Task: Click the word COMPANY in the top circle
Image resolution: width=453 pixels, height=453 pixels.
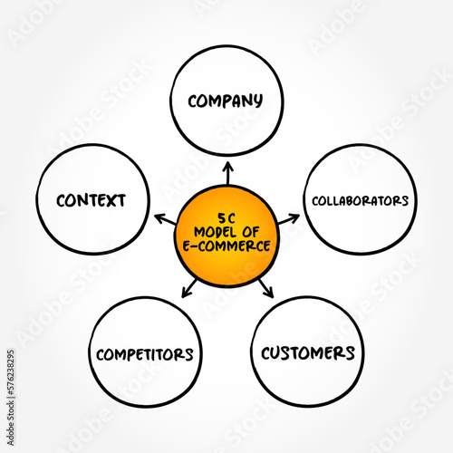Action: point(225,100)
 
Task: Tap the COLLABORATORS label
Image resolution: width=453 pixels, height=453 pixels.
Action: point(361,199)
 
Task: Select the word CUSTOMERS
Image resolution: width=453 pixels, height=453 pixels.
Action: point(308,352)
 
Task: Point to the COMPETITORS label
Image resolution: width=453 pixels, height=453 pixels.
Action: point(145,352)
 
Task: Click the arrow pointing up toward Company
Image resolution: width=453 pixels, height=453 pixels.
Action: point(226,172)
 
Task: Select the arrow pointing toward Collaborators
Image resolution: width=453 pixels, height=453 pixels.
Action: point(290,217)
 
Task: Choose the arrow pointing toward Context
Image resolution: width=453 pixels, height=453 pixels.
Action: point(163,217)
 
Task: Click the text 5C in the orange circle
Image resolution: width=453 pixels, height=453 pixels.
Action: point(226,215)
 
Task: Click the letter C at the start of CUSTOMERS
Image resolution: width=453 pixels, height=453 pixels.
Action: point(267,352)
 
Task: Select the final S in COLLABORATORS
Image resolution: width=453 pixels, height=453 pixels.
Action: point(405,199)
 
